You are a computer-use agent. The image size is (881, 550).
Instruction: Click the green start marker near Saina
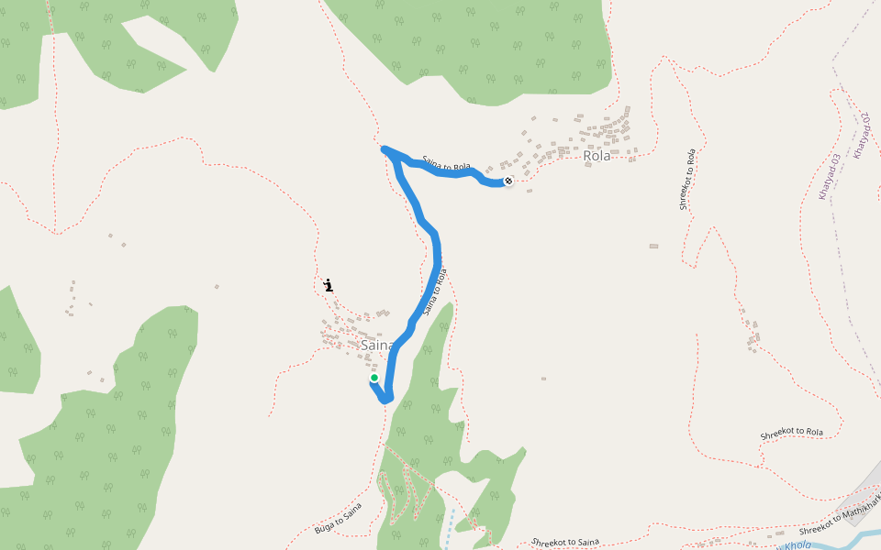click(374, 378)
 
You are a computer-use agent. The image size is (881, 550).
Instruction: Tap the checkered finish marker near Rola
click(507, 181)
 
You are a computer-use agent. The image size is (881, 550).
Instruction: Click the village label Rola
click(597, 156)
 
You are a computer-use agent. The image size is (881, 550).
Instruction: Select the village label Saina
click(377, 346)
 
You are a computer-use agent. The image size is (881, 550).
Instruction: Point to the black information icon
click(329, 285)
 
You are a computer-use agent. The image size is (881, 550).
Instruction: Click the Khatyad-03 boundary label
click(830, 178)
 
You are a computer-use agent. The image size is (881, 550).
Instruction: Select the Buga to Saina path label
click(338, 518)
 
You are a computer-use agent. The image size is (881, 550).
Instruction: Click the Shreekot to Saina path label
click(565, 543)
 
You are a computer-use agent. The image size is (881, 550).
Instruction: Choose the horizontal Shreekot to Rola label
click(792, 433)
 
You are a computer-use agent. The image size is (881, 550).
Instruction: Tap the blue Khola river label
click(797, 545)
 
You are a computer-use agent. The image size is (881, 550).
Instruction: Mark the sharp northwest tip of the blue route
click(384, 148)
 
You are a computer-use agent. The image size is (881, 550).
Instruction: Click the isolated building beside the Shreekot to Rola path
click(653, 246)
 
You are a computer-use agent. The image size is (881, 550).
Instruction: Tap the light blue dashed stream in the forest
click(450, 527)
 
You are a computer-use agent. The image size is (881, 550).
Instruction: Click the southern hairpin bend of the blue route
click(386, 399)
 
